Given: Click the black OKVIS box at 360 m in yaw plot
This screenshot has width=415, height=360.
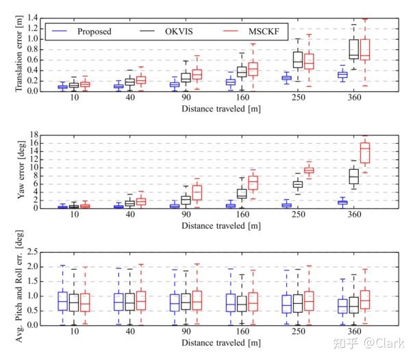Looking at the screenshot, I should (x=353, y=176).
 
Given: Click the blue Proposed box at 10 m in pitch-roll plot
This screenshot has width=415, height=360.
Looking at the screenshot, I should (x=63, y=301).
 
